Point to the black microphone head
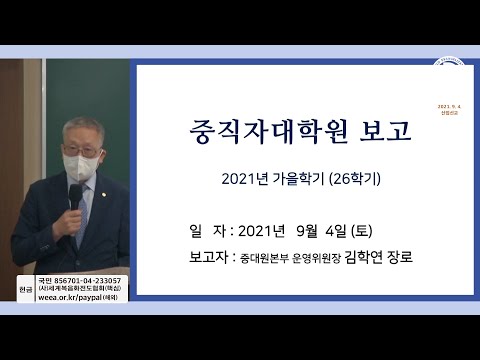click(x=75, y=194)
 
